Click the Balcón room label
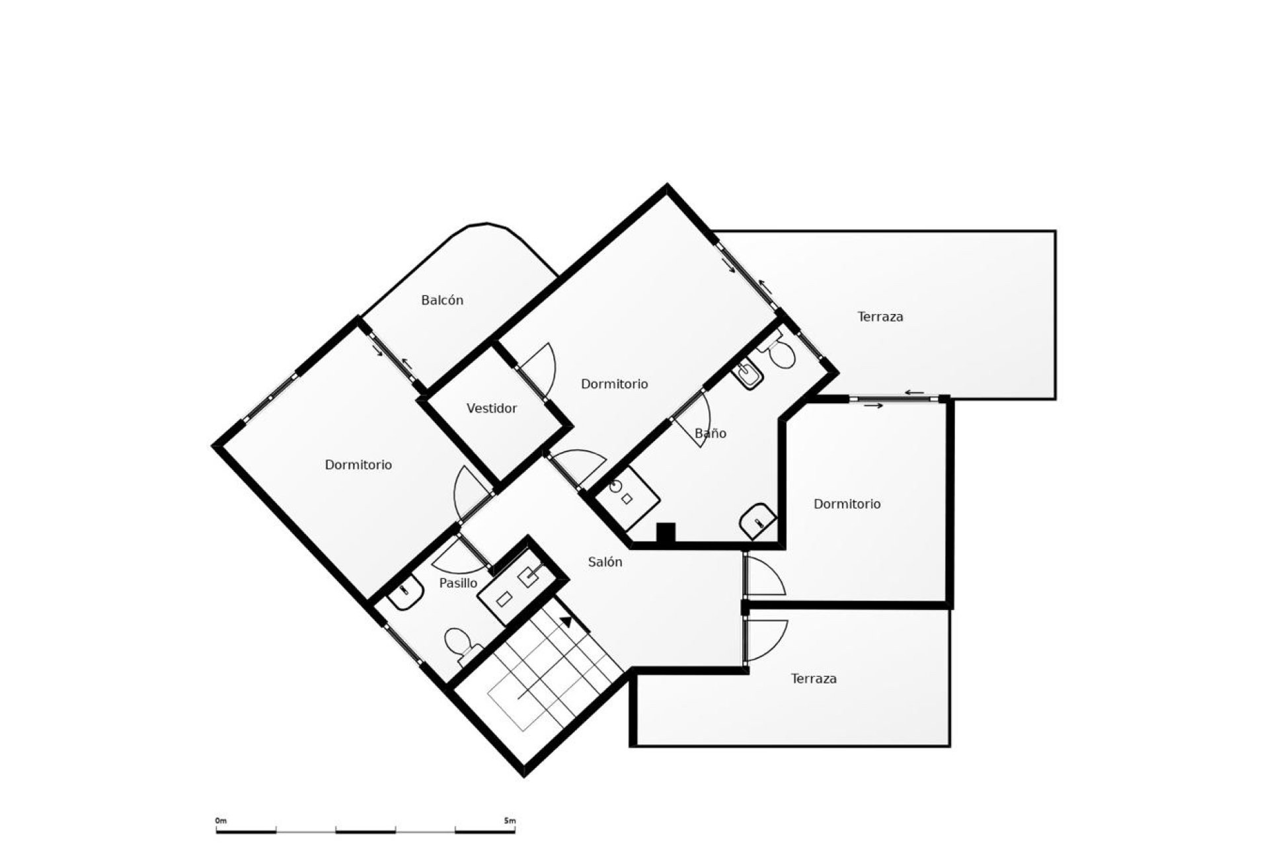[442, 300]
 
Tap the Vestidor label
[492, 408]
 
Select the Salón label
[605, 562]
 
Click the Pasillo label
[458, 583]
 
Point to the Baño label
[711, 433]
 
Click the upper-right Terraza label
[880, 317]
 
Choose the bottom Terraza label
[814, 678]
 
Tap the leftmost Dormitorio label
[358, 465]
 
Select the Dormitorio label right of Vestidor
[614, 383]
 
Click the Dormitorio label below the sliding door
[847, 504]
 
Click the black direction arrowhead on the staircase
[566, 621]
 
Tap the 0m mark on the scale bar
[220, 820]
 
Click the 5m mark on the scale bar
[509, 820]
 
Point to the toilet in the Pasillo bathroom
[460, 644]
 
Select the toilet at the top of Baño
[780, 352]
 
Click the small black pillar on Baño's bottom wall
[666, 533]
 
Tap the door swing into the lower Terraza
[767, 640]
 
